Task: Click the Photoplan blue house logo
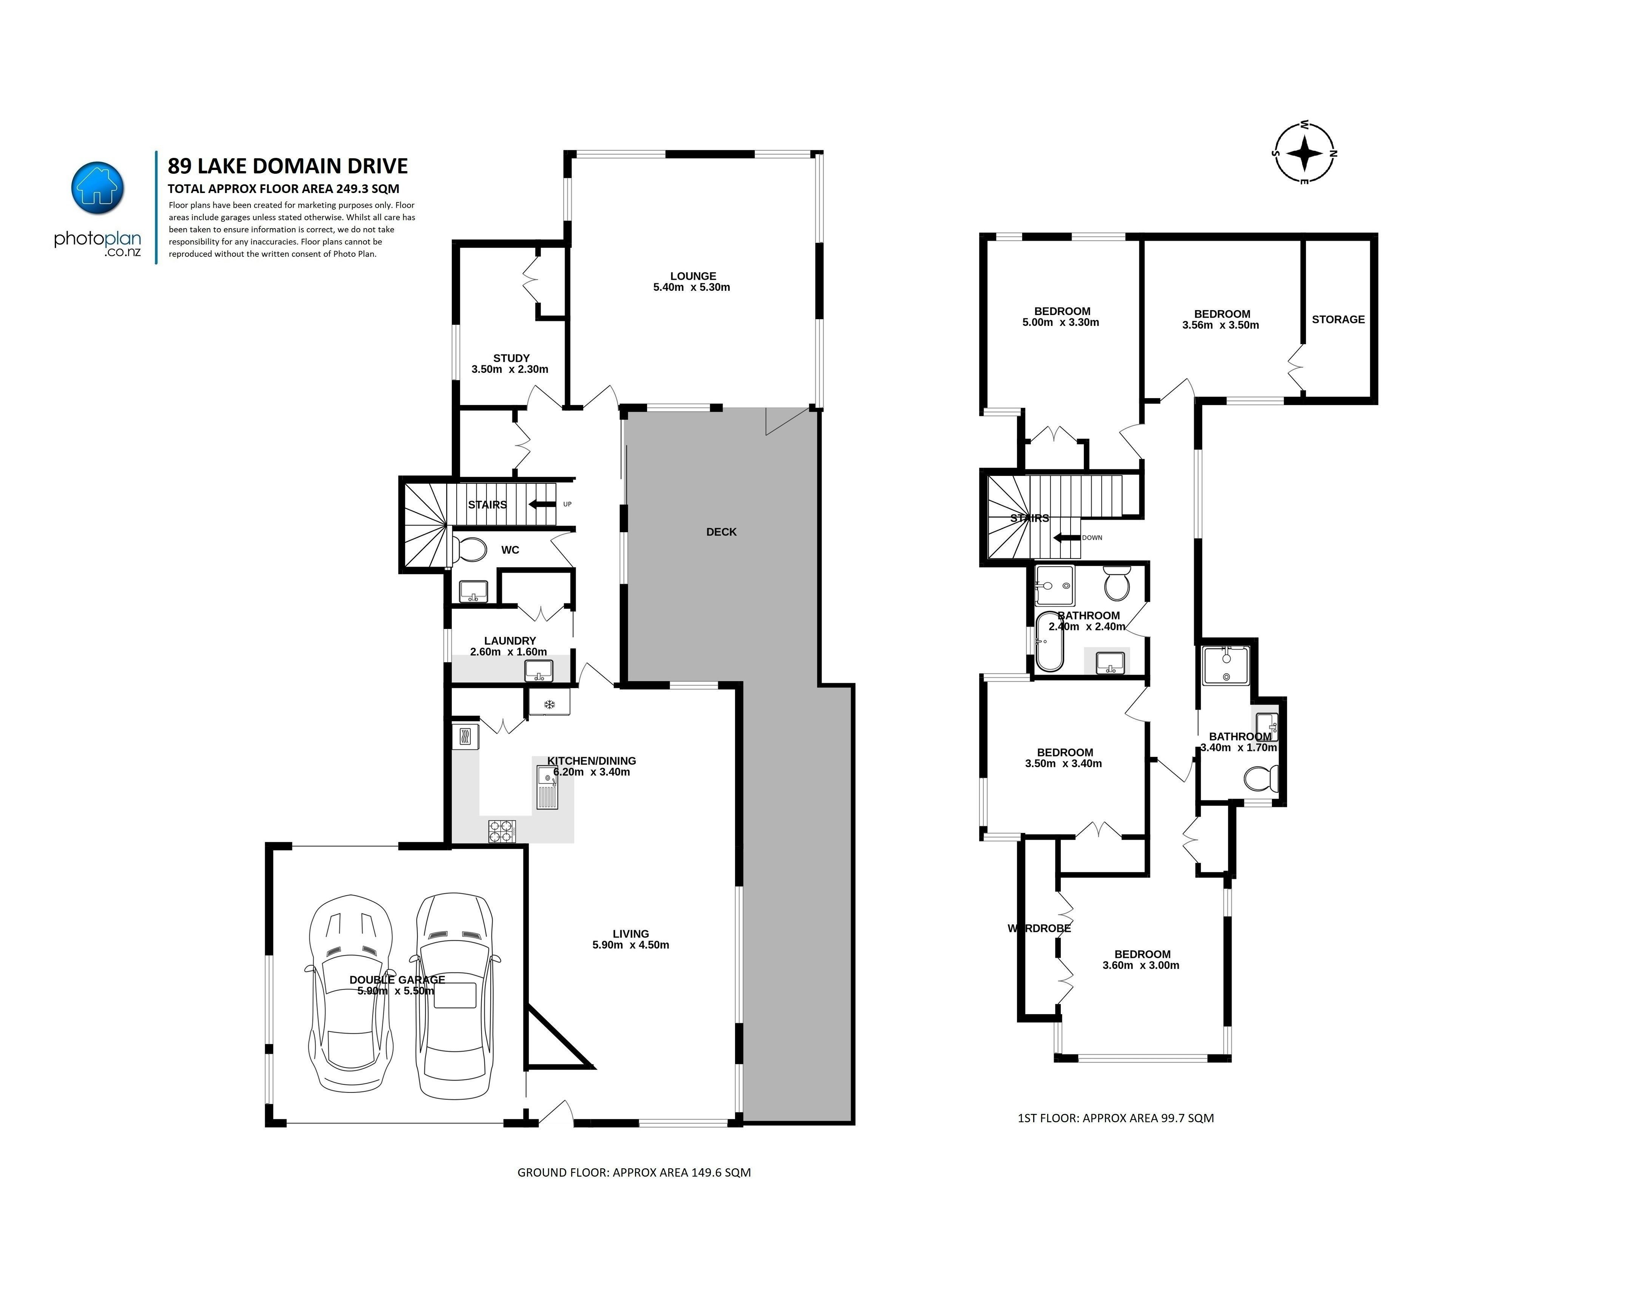click(x=97, y=188)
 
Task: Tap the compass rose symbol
click(x=1305, y=153)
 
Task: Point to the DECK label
click(x=721, y=531)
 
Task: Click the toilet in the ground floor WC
click(x=470, y=549)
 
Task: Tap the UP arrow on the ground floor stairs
click(x=542, y=504)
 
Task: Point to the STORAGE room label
click(x=1338, y=319)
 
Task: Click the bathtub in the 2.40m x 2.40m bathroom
click(x=1050, y=642)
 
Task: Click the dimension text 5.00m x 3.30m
click(x=1060, y=322)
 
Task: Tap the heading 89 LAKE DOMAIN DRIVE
click(x=288, y=166)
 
